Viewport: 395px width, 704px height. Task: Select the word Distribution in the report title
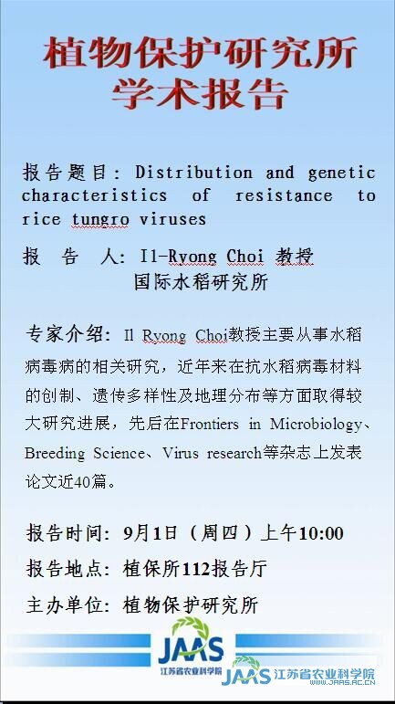click(x=193, y=173)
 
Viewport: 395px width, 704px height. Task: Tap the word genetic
click(x=341, y=173)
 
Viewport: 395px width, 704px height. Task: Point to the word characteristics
click(x=94, y=195)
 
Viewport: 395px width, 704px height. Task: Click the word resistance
click(x=284, y=195)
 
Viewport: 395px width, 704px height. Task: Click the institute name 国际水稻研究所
click(x=201, y=283)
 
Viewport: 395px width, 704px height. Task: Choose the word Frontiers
click(x=210, y=425)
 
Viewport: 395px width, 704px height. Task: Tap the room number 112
click(x=197, y=570)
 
